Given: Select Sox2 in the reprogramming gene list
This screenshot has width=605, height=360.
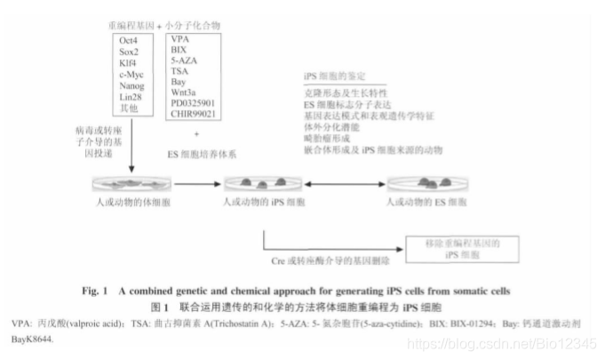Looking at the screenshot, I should tap(124, 52).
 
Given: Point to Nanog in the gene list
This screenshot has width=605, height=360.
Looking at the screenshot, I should tap(128, 85).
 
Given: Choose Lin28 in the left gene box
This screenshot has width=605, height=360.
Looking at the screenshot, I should tap(126, 97).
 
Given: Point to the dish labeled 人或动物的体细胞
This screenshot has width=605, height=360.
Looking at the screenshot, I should tap(133, 184).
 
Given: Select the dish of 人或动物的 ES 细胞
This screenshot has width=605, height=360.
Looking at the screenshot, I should tap(426, 183).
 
